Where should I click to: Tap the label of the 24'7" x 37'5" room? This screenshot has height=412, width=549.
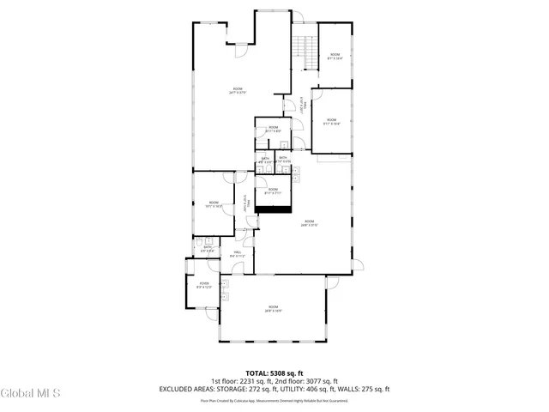(x=238, y=91)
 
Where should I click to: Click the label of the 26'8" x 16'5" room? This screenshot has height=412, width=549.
(x=273, y=308)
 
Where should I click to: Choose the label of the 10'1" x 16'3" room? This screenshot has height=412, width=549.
(x=214, y=204)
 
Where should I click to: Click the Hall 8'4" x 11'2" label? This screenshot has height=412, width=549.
(x=238, y=254)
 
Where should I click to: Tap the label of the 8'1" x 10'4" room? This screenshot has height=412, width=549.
(x=335, y=57)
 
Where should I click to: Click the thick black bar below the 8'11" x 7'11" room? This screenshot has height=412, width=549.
(x=274, y=207)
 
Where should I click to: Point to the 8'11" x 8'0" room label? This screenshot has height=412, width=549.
(x=273, y=130)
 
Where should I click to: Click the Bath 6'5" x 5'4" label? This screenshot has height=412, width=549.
(x=208, y=249)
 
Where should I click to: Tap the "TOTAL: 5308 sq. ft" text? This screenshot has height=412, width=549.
(x=274, y=373)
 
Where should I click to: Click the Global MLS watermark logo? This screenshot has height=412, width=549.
(x=31, y=394)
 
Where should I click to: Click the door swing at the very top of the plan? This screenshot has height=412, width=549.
(x=300, y=15)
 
